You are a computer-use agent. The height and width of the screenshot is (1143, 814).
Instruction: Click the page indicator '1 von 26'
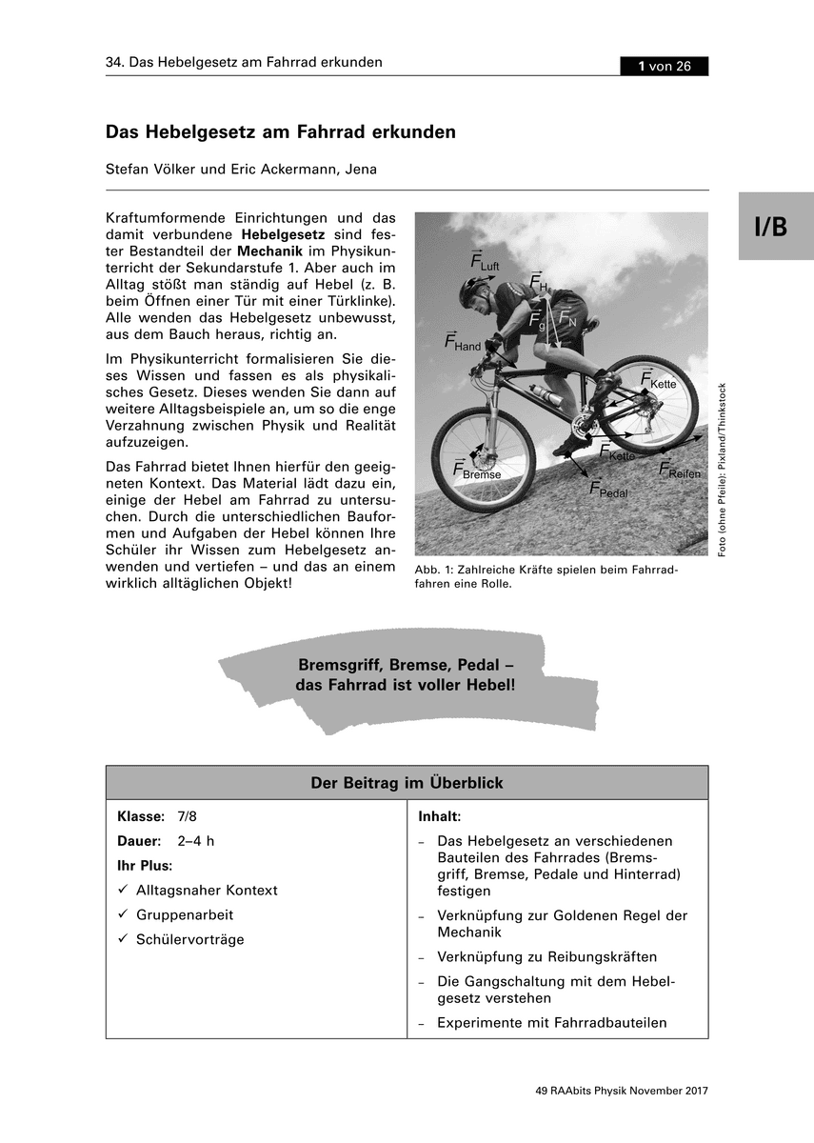coord(664,66)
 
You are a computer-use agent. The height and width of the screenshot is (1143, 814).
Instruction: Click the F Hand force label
coord(463,343)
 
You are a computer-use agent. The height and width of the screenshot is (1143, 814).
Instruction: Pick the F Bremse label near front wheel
coord(476,471)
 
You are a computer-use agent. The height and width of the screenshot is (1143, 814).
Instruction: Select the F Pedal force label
coord(608,491)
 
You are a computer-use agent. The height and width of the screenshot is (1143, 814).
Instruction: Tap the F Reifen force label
coord(679,471)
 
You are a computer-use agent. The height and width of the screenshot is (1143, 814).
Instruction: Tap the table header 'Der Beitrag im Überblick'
coord(407,783)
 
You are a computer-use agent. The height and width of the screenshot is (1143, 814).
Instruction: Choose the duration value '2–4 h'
coord(196,841)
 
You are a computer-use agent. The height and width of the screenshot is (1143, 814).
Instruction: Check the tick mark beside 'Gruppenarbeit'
coord(122,914)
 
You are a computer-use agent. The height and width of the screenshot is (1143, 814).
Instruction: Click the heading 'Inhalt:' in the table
coord(439,817)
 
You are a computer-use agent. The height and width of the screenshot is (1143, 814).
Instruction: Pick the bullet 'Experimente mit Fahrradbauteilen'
coord(551,1023)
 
